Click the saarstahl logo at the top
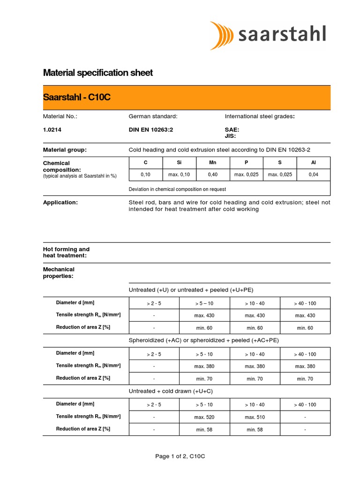tap(268, 35)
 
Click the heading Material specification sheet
tap(98, 73)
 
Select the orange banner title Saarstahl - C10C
tap(77, 97)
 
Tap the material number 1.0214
tap(52, 130)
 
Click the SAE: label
tap(232, 130)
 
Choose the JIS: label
tap(231, 136)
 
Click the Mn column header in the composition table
tap(213, 163)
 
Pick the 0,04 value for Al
tap(313, 175)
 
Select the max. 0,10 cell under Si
tap(180, 175)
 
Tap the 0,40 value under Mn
tap(213, 175)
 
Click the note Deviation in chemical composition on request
tap(177, 189)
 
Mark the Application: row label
tap(60, 202)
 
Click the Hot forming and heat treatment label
tap(66, 252)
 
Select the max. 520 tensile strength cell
tap(204, 417)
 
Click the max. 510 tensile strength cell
tap(255, 417)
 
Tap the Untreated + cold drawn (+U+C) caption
tap(171, 391)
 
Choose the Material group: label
tap(65, 150)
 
